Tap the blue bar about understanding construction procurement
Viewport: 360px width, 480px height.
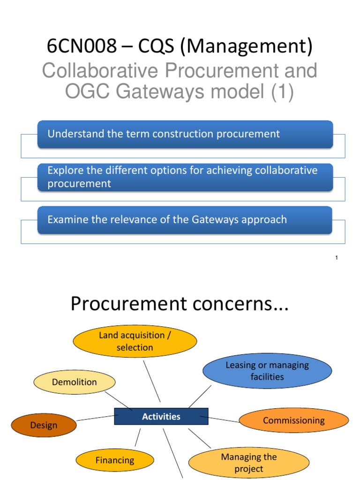pos(185,134)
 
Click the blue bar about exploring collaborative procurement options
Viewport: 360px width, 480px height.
pos(185,177)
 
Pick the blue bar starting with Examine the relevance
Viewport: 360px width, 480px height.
pos(185,220)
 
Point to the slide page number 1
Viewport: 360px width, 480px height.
pos(337,258)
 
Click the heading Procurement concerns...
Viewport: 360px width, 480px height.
pos(180,304)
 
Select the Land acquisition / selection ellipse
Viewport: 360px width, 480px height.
pos(135,341)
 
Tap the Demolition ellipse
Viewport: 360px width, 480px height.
pos(75,382)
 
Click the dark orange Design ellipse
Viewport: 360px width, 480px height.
pos(44,425)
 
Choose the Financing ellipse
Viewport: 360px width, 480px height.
pos(115,460)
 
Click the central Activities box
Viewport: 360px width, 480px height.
pos(161,416)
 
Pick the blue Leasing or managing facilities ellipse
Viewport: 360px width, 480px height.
pos(267,371)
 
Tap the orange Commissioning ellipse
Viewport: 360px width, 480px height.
pos(294,420)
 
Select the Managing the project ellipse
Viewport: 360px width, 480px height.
pos(249,463)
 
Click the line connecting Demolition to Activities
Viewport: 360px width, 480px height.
pos(123,403)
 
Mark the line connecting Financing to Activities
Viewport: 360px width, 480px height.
pos(137,437)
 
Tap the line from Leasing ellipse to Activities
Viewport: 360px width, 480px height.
pos(199,397)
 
